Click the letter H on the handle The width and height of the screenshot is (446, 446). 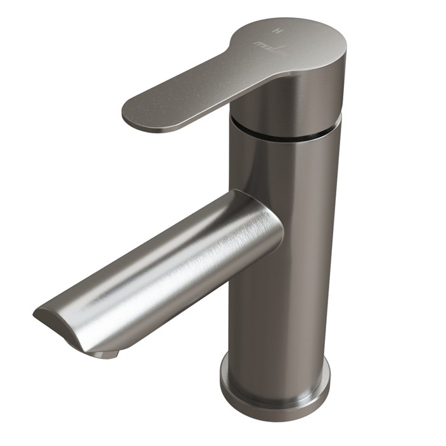point(276,31)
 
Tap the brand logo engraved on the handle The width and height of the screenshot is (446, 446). point(266,45)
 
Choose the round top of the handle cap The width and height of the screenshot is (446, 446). point(293,38)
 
